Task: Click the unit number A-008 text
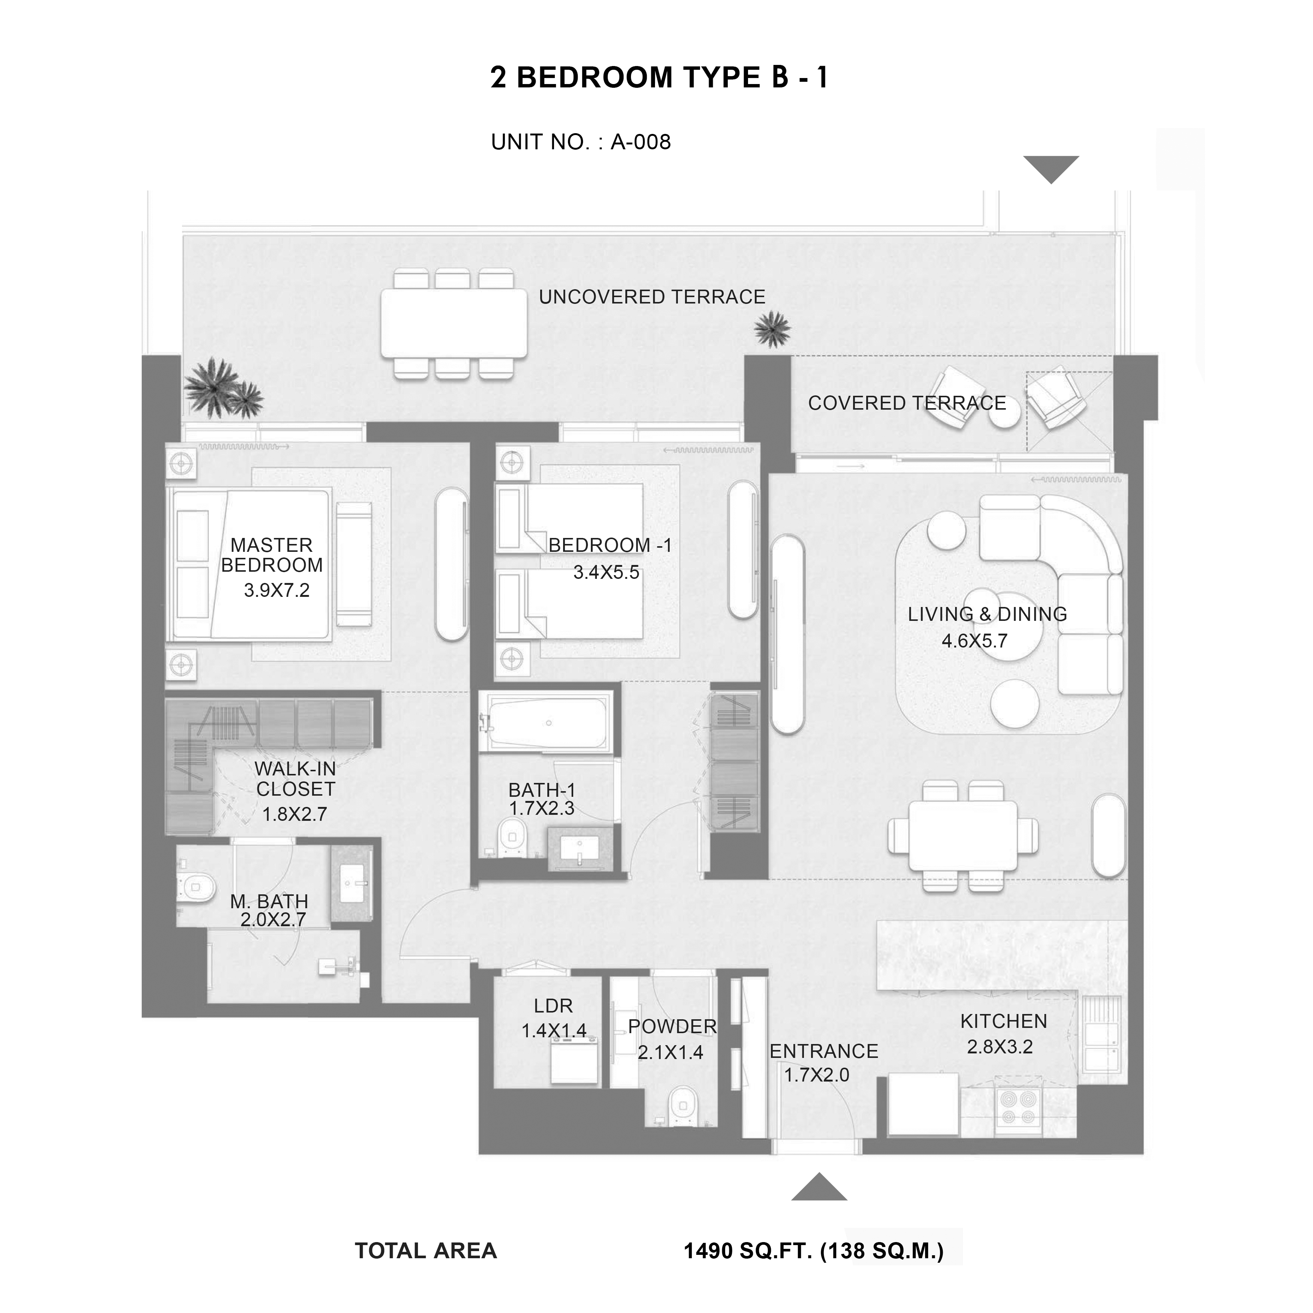pyautogui.click(x=640, y=142)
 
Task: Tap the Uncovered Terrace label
pyautogui.click(x=652, y=297)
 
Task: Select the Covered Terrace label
pyautogui.click(x=907, y=403)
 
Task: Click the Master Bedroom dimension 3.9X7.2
pyautogui.click(x=276, y=590)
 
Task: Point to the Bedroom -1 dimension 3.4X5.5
pyautogui.click(x=606, y=572)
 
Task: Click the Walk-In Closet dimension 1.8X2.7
pyautogui.click(x=295, y=813)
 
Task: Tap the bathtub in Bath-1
pyautogui.click(x=548, y=723)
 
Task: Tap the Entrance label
pyautogui.click(x=824, y=1052)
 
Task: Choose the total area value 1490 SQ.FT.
pyautogui.click(x=748, y=1250)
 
